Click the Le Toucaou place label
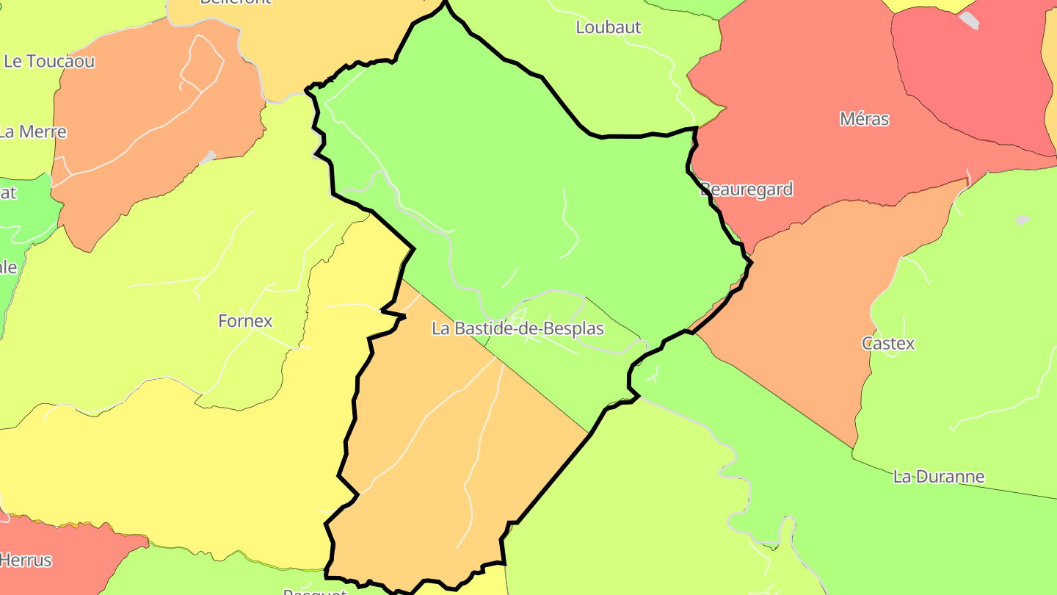pos(49,62)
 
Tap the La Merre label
pos(33,132)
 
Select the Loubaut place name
pos(609,28)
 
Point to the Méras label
pos(864,119)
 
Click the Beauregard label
pos(747,190)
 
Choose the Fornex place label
pos(245,321)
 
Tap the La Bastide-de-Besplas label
pos(517,328)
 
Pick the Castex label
pos(888,343)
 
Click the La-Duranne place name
pos(938,477)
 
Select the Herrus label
pos(26,560)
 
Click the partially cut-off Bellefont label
pos(235,2)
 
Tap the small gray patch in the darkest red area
pos(969,20)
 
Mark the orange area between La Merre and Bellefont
pos(147,132)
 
